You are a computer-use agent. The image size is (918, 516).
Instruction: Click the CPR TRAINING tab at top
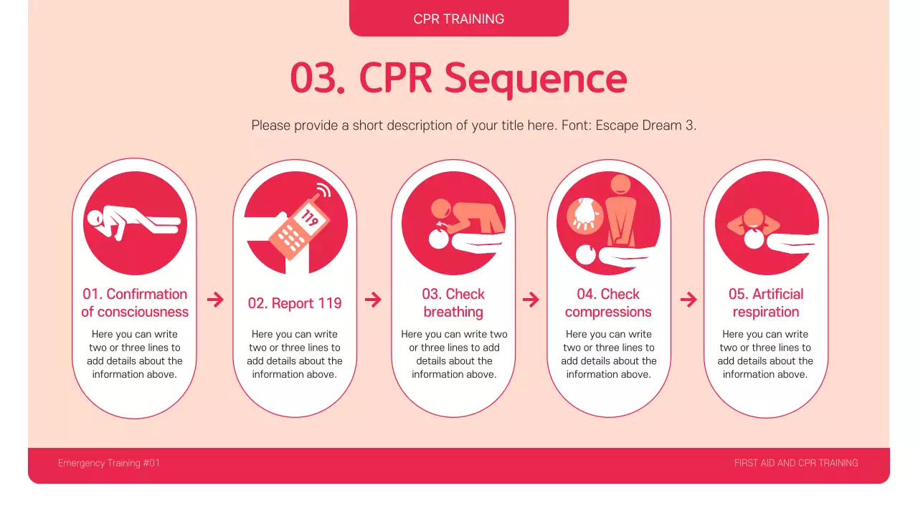click(x=458, y=19)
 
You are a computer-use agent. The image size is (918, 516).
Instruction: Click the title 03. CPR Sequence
click(x=458, y=78)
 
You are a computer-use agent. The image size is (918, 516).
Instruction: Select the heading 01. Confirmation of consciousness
click(x=134, y=302)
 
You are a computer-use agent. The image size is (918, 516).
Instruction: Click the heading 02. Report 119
click(x=295, y=303)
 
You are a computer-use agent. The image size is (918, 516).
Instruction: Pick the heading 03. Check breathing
click(x=453, y=302)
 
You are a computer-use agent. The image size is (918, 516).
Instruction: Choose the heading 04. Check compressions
click(x=608, y=302)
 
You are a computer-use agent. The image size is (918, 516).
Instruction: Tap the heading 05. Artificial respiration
click(x=765, y=302)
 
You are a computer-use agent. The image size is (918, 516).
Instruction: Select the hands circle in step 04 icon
click(x=584, y=214)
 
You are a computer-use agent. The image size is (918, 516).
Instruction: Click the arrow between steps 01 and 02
click(x=215, y=300)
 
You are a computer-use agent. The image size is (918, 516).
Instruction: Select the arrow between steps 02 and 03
click(x=373, y=300)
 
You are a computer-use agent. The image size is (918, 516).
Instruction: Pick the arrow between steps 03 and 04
click(x=531, y=300)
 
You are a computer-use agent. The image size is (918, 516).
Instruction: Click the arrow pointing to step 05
click(x=688, y=300)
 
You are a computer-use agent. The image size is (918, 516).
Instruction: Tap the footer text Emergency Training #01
click(x=109, y=463)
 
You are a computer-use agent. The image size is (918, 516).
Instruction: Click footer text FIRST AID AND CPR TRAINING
click(x=796, y=463)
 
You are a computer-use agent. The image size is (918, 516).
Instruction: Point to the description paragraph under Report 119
click(x=295, y=354)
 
